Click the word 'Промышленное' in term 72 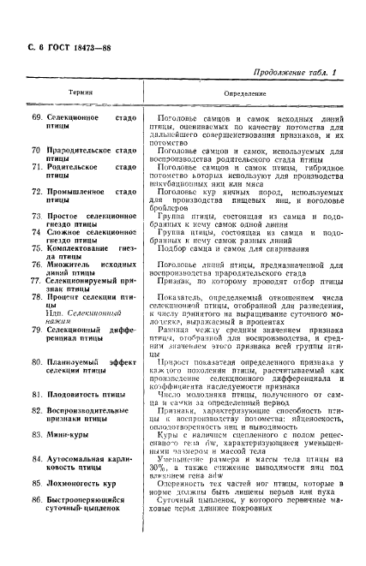pyautogui.click(x=75, y=193)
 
